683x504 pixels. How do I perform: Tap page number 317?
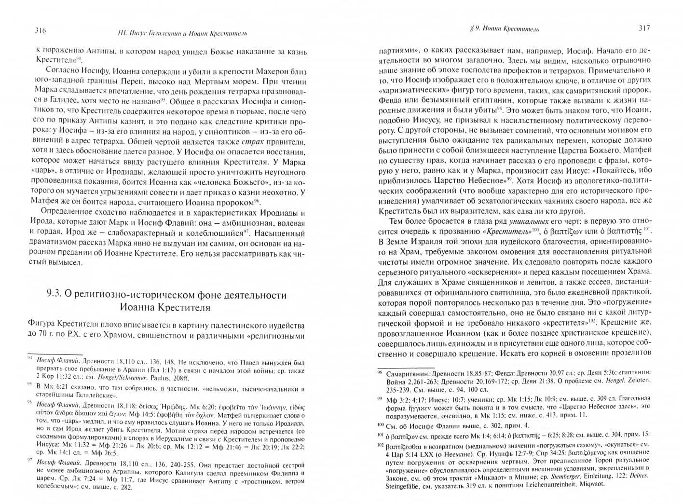pyautogui.click(x=644, y=28)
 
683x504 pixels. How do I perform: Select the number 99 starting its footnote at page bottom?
pyautogui.click(x=381, y=396)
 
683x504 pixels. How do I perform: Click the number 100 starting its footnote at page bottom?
pyautogui.click(x=382, y=424)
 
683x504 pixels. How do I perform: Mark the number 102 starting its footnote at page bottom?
pyautogui.click(x=382, y=444)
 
